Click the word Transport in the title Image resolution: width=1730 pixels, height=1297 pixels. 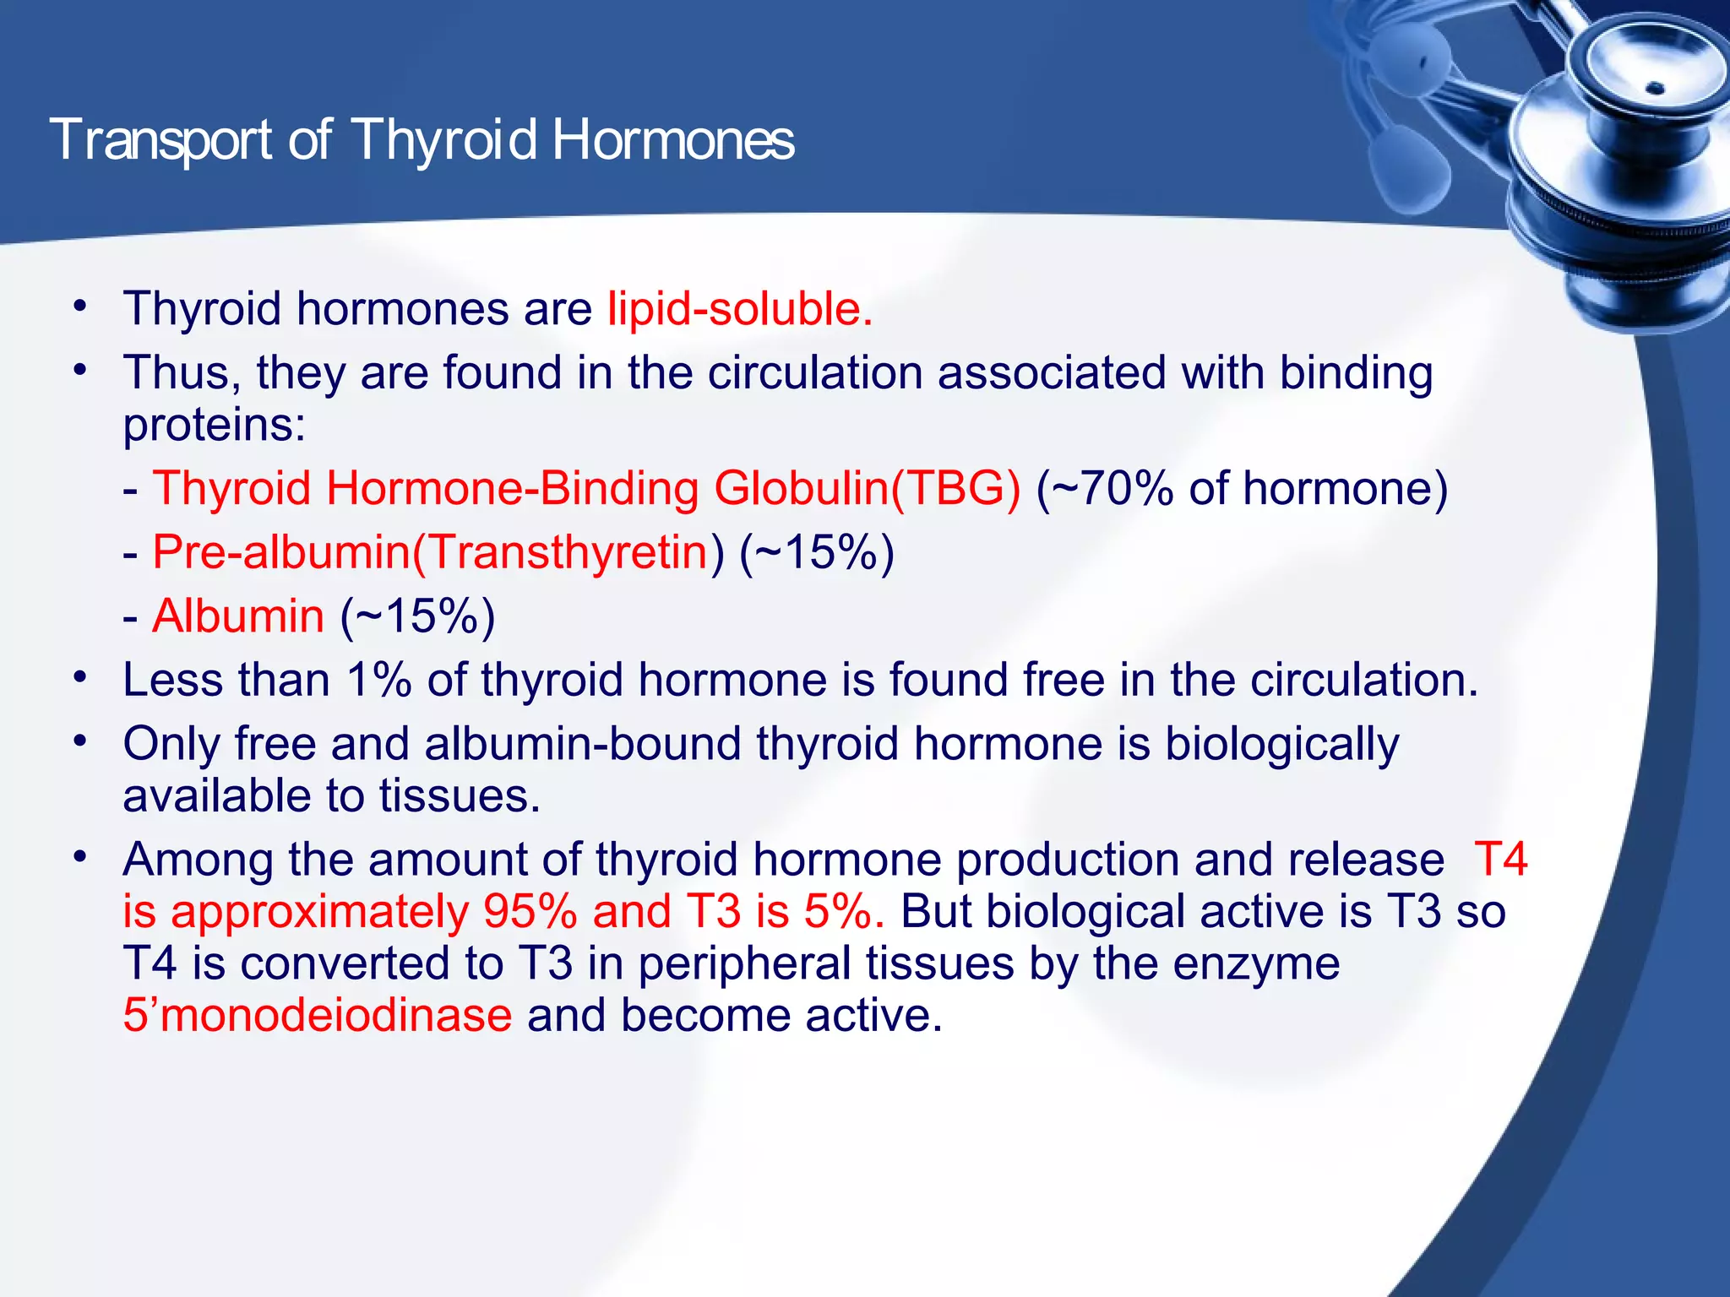(160, 140)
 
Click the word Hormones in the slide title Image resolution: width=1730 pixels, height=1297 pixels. (672, 140)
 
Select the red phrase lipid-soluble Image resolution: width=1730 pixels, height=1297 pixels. (739, 309)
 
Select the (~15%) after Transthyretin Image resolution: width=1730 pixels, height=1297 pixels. (816, 553)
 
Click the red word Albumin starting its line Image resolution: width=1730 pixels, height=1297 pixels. (238, 616)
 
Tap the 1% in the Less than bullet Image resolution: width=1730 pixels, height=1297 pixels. (378, 681)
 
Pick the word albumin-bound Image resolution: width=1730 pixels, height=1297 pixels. (582, 745)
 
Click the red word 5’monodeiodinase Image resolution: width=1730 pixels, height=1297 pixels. (317, 1015)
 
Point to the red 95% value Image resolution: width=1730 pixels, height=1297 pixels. (530, 912)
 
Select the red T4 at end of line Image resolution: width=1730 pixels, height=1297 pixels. (1500, 860)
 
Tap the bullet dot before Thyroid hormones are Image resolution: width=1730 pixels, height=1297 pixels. (79, 306)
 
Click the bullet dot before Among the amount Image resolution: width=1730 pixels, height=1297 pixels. (79, 857)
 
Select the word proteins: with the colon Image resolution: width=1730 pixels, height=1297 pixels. (214, 425)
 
